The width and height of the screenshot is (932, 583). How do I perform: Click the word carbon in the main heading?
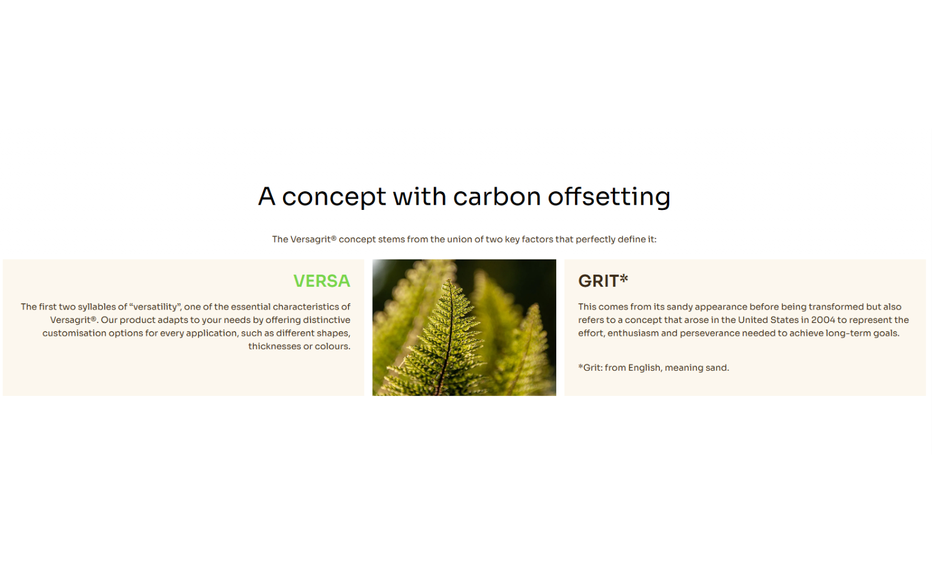(497, 196)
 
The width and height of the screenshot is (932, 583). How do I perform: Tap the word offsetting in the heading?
(609, 196)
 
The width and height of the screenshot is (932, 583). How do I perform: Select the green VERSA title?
(322, 281)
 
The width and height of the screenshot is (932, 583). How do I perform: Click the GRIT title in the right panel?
(598, 281)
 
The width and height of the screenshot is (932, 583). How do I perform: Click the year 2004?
(823, 320)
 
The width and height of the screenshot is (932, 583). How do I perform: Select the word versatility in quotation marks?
(155, 307)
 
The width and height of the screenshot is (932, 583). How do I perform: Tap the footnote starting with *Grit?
(653, 368)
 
